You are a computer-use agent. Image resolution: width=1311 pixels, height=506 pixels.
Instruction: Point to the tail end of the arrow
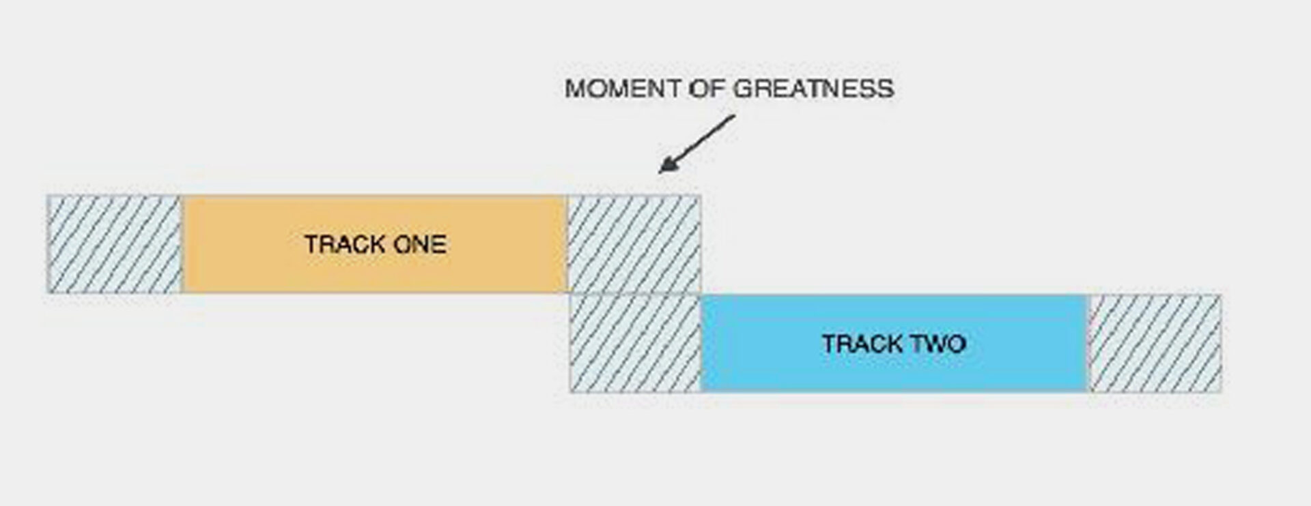click(733, 117)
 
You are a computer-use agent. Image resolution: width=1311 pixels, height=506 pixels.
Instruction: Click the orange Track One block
click(374, 244)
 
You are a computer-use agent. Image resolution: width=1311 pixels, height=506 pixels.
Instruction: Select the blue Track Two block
click(894, 343)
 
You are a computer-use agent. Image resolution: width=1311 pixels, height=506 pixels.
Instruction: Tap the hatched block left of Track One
click(115, 244)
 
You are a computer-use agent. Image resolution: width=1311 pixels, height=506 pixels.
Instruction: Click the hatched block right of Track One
click(634, 244)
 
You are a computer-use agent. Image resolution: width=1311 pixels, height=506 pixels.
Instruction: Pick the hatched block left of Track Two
click(636, 343)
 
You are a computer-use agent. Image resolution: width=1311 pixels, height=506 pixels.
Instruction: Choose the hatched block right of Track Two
click(1155, 343)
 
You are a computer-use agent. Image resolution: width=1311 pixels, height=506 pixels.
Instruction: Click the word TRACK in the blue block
click(854, 343)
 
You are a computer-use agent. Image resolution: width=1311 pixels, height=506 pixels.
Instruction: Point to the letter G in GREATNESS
click(743, 89)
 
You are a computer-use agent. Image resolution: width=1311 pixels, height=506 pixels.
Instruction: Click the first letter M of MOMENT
click(575, 89)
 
